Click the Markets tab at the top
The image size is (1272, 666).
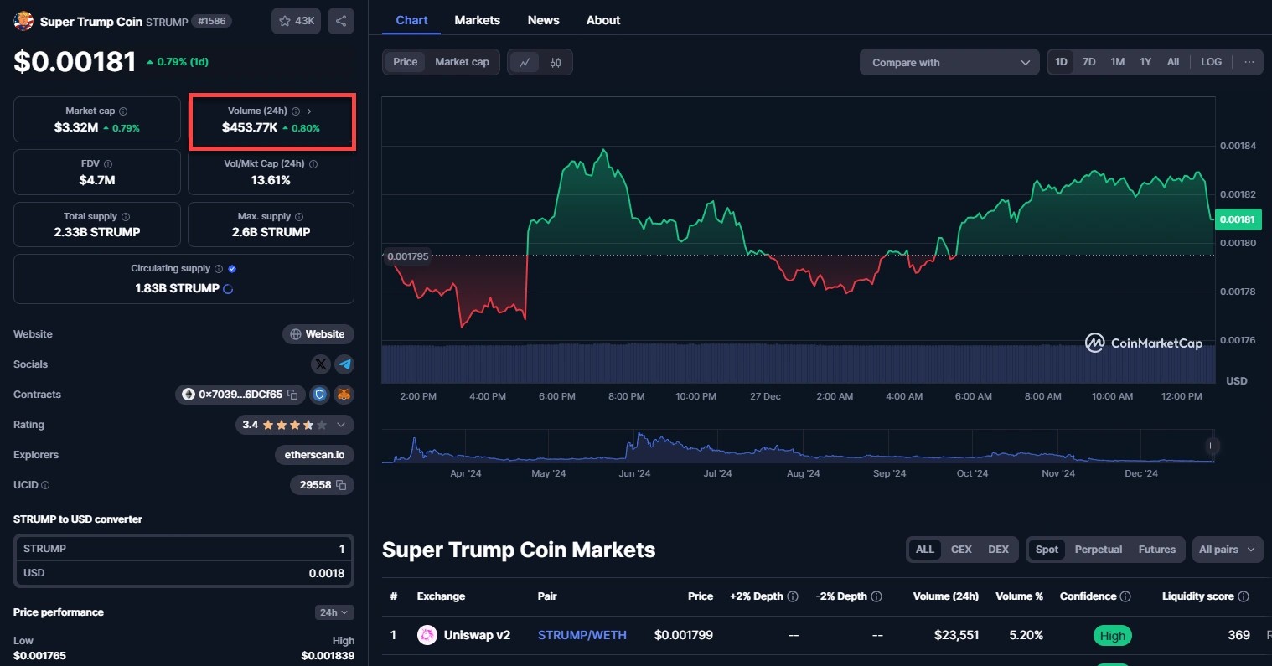[x=477, y=20]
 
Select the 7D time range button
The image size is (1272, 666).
[x=1088, y=62]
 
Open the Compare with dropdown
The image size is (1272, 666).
[x=949, y=63]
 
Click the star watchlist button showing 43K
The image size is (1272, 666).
[x=296, y=21]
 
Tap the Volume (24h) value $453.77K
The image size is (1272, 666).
[x=250, y=127]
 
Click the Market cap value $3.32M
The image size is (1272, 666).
[x=76, y=127]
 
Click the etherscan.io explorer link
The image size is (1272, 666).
[x=314, y=455]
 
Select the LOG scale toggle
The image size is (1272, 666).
[x=1211, y=62]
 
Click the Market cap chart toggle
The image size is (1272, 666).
[x=462, y=62]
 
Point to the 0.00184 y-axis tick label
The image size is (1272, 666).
[x=1238, y=146]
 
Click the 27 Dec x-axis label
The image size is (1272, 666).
[x=765, y=396]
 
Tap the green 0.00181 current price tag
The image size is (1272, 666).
[x=1238, y=219]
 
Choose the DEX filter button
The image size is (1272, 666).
[x=998, y=550]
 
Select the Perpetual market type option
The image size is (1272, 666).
[x=1098, y=550]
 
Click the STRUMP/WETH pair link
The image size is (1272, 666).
[x=582, y=635]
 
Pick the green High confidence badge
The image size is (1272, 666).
[x=1112, y=636]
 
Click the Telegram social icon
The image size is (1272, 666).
[x=344, y=364]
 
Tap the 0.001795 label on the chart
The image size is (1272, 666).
[x=408, y=256]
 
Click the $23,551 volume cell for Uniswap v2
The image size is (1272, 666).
[x=956, y=635]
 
